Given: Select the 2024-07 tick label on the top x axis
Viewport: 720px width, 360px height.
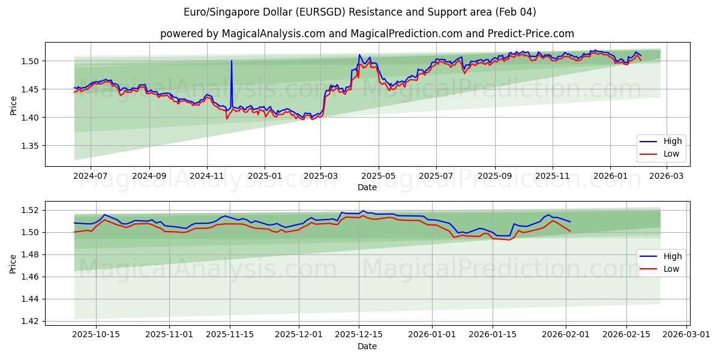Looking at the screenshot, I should tap(91, 176).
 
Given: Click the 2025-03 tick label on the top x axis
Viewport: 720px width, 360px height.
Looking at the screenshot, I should tap(320, 176).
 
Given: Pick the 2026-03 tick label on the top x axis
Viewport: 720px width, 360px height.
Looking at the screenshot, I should tap(667, 176).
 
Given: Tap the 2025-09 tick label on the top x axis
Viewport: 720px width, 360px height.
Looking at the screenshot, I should tap(494, 176).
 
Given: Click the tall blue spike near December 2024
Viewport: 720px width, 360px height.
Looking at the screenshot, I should tap(231, 62).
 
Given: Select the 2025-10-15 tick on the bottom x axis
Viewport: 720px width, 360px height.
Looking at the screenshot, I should tap(95, 334).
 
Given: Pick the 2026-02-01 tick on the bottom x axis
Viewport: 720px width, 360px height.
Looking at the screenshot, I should tap(566, 334).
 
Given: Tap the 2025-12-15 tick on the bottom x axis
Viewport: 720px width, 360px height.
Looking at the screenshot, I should tap(359, 334).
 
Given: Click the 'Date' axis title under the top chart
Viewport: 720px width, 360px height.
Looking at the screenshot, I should tap(367, 187).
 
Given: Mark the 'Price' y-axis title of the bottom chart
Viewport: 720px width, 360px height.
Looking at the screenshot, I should tap(13, 263).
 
